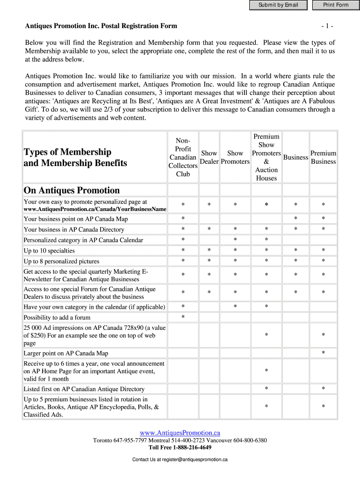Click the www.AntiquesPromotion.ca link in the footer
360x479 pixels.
[180, 433]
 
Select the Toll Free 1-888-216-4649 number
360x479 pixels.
[180, 447]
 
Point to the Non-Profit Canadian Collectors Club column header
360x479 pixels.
[183, 157]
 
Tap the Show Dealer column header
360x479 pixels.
[209, 157]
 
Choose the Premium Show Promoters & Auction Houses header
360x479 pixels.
[266, 157]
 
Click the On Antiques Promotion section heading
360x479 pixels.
[72, 190]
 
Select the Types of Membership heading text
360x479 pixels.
[68, 152]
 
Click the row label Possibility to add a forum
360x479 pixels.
[57, 318]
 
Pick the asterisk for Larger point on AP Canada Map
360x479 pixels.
[323, 353]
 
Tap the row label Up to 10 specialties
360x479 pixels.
[49, 251]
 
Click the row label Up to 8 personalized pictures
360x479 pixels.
[61, 261]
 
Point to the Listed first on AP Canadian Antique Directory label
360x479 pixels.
[84, 389]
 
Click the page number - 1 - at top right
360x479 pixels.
[327, 26]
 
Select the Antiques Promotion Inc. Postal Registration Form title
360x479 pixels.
[101, 26]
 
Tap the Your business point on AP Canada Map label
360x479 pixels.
[76, 219]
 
